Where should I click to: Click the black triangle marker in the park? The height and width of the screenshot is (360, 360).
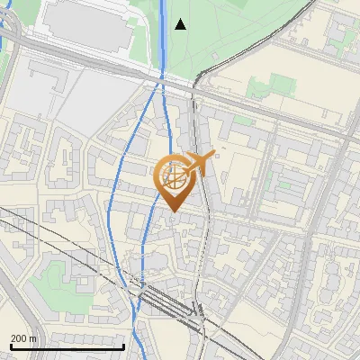pyautogui.click(x=180, y=24)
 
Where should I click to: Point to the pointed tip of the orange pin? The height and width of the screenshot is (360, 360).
pyautogui.click(x=173, y=211)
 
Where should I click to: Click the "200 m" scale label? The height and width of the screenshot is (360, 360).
pyautogui.click(x=24, y=337)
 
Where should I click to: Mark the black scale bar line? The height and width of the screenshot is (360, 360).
pyautogui.click(x=67, y=346)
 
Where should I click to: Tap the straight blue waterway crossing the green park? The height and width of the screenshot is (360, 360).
pyautogui.click(x=163, y=36)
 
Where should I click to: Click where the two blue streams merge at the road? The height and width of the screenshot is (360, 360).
pyautogui.click(x=161, y=83)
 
